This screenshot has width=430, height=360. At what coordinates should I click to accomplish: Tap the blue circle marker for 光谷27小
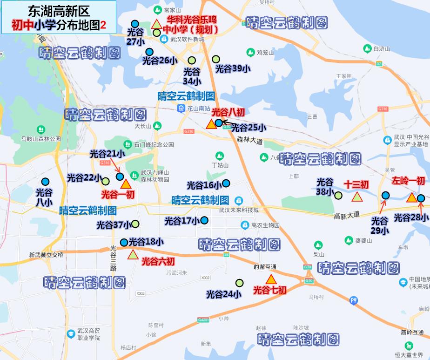[135, 24]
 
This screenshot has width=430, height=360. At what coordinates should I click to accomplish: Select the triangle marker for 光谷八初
[210, 124]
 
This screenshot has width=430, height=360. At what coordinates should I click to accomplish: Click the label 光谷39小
[233, 69]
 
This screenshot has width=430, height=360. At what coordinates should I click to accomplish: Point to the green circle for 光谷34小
[191, 60]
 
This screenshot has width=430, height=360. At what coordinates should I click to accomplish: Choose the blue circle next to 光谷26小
[149, 52]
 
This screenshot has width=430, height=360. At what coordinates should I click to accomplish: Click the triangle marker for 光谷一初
[126, 184]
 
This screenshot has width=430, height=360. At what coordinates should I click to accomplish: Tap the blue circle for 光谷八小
[45, 182]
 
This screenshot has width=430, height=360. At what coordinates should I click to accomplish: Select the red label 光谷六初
[158, 261]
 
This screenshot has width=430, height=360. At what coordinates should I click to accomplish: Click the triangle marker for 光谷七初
[271, 279]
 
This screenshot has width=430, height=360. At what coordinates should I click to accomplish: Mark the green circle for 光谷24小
[239, 283]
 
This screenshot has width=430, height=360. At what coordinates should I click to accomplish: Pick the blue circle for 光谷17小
[204, 220]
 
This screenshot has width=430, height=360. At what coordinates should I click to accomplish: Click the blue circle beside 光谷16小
[226, 183]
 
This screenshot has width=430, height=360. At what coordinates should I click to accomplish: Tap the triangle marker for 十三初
[357, 197]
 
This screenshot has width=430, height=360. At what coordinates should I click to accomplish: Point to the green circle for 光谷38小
[339, 195]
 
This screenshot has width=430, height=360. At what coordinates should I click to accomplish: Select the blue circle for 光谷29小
[385, 196]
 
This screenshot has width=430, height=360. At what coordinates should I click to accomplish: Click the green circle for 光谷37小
[135, 224]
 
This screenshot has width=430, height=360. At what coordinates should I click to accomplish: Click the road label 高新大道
[347, 216]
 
